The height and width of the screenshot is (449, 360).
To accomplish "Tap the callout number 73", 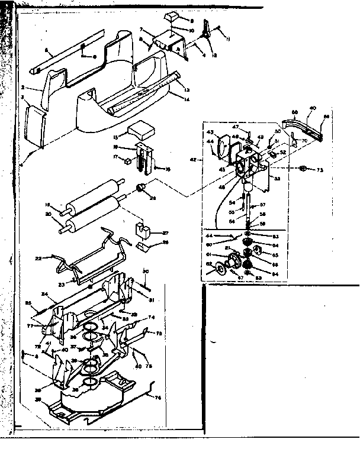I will pos(320,170).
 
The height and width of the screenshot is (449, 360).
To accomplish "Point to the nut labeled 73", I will pos(302,169).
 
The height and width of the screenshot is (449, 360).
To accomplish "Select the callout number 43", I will pos(210,131).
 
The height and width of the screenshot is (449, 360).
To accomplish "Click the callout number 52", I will pos(282,151).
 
